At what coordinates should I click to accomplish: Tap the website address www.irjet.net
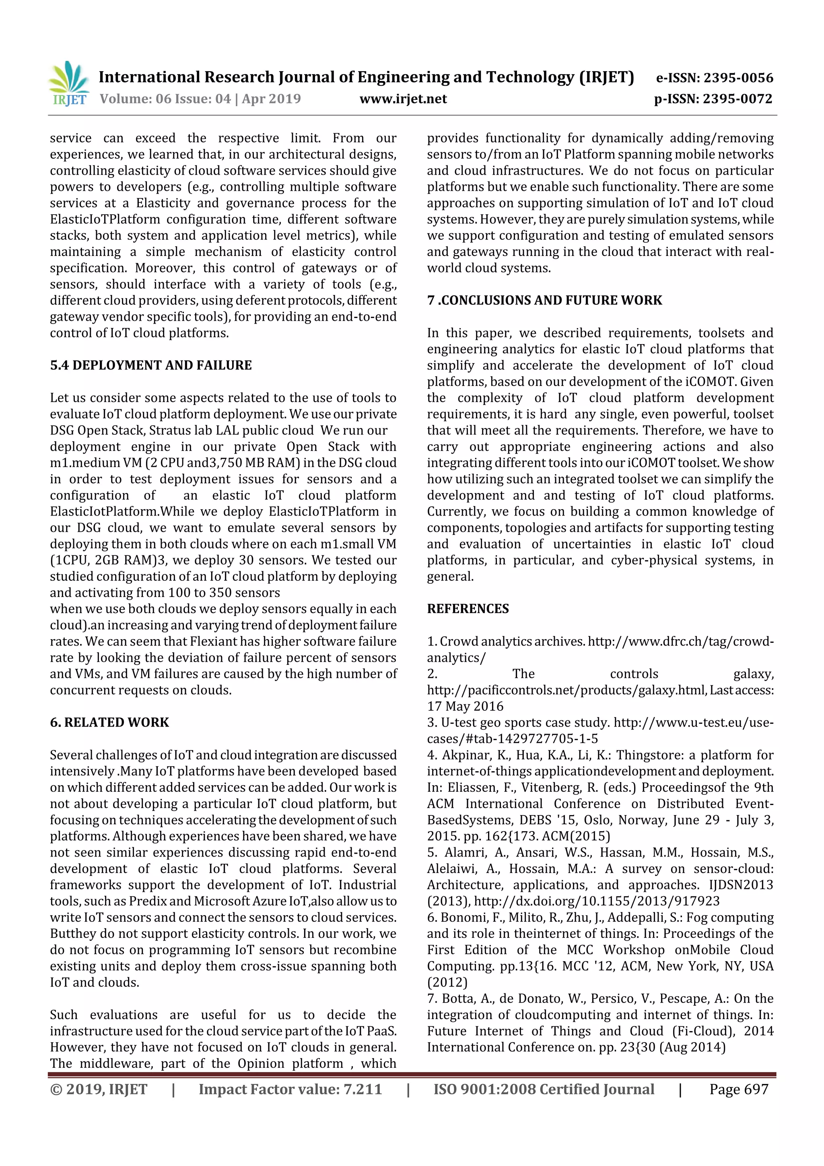[403, 99]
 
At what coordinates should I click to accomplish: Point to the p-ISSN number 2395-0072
[737, 99]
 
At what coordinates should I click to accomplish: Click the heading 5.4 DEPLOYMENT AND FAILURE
[151, 365]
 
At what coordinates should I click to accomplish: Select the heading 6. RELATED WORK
[109, 722]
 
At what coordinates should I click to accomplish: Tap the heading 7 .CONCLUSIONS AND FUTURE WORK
[544, 300]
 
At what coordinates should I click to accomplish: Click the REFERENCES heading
[468, 609]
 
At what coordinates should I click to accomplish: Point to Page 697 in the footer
[739, 1089]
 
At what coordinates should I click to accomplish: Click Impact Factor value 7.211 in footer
[290, 1089]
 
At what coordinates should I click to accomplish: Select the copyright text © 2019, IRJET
[99, 1089]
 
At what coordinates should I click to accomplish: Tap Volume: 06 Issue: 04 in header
[165, 99]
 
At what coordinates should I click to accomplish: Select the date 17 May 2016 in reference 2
[465, 706]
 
